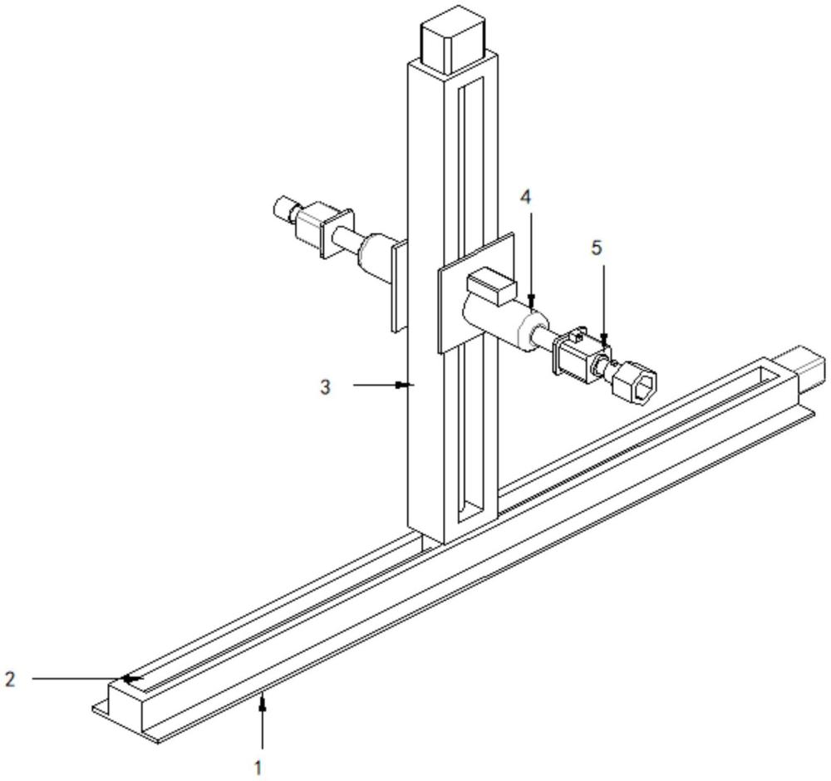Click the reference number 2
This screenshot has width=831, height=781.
(x=10, y=679)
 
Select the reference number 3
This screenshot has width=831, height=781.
(x=327, y=386)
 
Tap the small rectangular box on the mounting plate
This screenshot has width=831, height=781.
(x=490, y=288)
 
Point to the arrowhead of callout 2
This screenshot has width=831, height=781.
(x=127, y=679)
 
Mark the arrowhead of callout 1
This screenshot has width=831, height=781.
(x=263, y=702)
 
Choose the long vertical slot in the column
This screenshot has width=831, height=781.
(x=471, y=299)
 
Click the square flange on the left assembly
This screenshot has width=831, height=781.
(x=337, y=233)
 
